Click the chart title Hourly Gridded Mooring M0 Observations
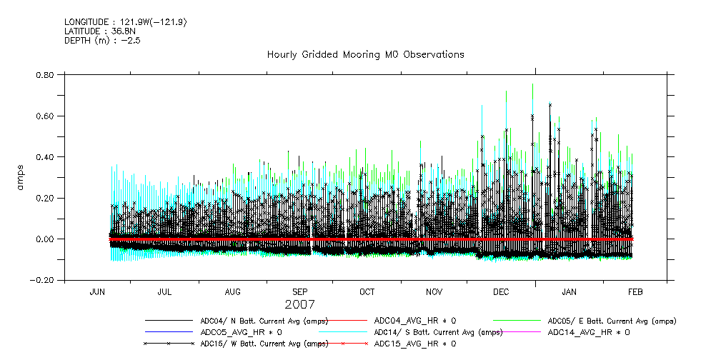(365, 54)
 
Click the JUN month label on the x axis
(99, 292)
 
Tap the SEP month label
(299, 292)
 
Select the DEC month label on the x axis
(501, 292)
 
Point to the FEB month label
(635, 292)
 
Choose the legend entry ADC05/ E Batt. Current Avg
(612, 321)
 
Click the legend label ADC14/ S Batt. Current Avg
(438, 332)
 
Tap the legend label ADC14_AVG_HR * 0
(588, 332)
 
